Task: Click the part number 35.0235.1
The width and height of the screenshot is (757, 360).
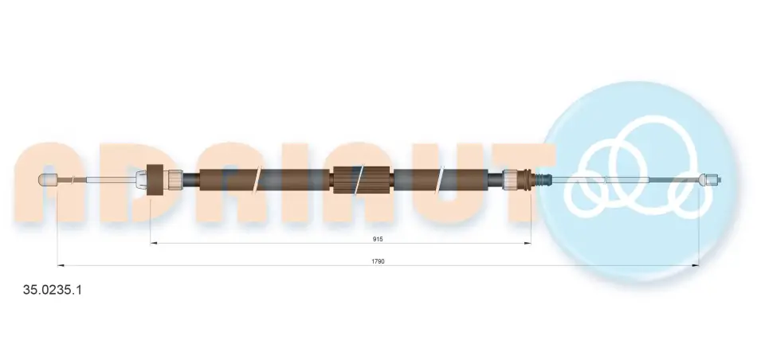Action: (x=53, y=290)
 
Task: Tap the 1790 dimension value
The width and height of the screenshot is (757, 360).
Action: (x=378, y=261)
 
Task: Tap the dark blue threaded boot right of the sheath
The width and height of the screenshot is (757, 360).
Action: (x=543, y=179)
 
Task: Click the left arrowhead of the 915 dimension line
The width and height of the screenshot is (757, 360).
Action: (x=154, y=243)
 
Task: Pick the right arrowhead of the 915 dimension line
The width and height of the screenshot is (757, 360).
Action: (x=528, y=243)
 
